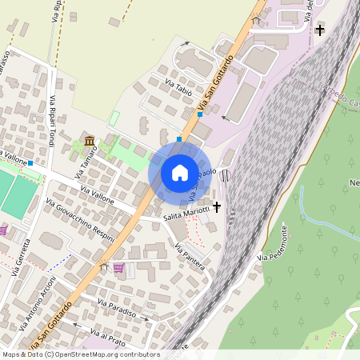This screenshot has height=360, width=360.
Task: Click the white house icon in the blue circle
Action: pos(180,172)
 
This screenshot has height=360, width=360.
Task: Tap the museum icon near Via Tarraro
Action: pos(90,142)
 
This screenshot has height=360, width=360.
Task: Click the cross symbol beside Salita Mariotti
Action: pos(217,207)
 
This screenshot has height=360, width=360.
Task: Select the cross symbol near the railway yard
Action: pos(321,30)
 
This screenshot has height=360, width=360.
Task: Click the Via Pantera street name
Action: pos(190,256)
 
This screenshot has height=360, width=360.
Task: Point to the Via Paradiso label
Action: pos(117,307)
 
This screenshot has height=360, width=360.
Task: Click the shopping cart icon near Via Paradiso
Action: pos(118,268)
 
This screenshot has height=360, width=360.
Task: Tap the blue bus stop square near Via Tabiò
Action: pos(199,114)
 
